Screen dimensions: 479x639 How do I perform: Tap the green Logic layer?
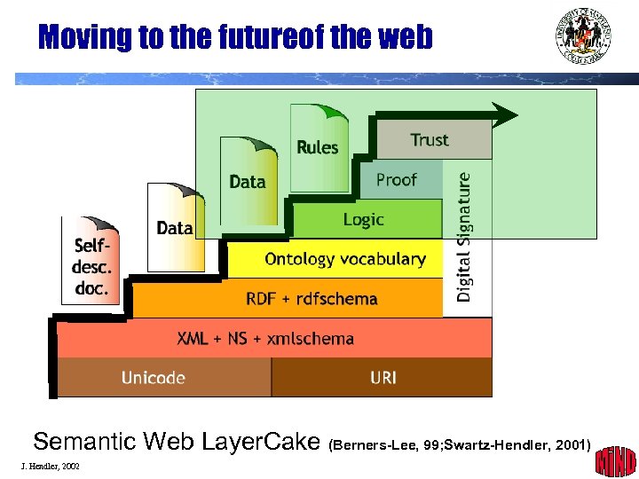pyautogui.click(x=365, y=219)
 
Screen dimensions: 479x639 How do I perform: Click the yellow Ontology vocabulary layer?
pyautogui.click(x=344, y=259)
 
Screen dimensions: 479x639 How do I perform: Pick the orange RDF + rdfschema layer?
pyautogui.click(x=311, y=299)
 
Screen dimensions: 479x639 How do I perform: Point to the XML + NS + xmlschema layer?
pyautogui.click(x=266, y=338)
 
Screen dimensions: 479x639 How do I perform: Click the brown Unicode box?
pyautogui.click(x=154, y=378)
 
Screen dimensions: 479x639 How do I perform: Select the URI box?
pyautogui.click(x=383, y=378)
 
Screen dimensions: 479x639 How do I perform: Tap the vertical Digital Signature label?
pyautogui.click(x=465, y=236)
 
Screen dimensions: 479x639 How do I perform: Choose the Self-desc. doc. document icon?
pyautogui.click(x=91, y=262)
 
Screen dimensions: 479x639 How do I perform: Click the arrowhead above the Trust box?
pyautogui.click(x=504, y=114)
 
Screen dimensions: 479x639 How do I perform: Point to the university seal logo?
pyautogui.click(x=583, y=35)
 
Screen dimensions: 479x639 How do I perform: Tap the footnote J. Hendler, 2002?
pyautogui.click(x=49, y=466)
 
